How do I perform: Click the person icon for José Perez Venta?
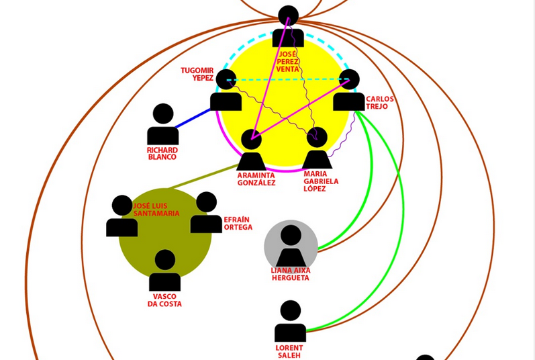(288, 28)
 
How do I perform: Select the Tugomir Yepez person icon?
(226, 91)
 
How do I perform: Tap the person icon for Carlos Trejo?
(348, 91)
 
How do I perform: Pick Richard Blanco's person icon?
(163, 125)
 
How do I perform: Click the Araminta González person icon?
(251, 151)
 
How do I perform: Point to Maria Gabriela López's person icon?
(317, 149)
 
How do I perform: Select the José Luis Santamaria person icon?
(122, 217)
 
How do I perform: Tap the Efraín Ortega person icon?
(206, 214)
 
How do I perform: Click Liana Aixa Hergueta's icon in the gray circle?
(291, 247)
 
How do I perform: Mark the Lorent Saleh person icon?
(290, 322)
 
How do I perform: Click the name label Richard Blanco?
(162, 153)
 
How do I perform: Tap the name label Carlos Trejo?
(379, 103)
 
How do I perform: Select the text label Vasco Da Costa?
(164, 300)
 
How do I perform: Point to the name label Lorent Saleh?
(290, 351)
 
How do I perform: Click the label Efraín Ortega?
(238, 224)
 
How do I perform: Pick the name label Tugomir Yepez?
(197, 74)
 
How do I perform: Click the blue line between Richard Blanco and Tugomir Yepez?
(194, 117)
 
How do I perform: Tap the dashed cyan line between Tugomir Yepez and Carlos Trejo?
(289, 80)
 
